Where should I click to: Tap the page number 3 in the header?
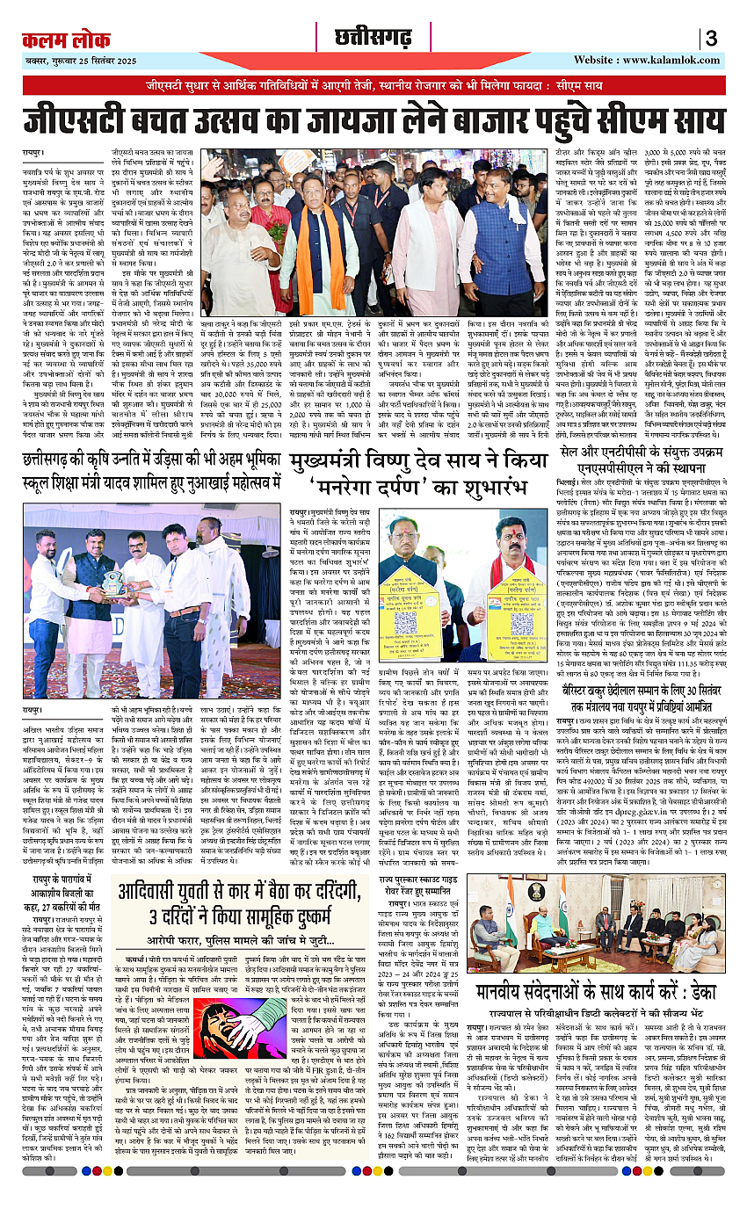(710, 39)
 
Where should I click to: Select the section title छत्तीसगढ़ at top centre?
(370, 37)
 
